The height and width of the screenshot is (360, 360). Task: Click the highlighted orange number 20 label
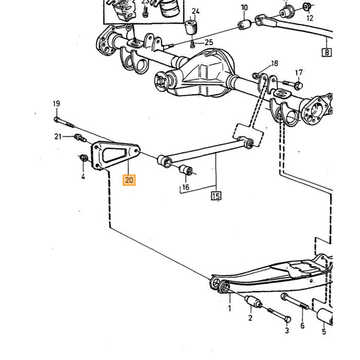coord(129,180)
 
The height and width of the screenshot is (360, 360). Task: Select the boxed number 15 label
coord(216,196)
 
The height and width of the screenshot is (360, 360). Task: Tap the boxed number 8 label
coord(327,52)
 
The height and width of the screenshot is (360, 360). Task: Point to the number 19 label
coord(57,104)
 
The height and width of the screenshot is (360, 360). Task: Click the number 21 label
coord(58,137)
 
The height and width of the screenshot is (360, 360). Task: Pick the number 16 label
coord(186,187)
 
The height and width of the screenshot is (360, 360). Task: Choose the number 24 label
coord(195,11)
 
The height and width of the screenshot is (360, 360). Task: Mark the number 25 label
coord(209,42)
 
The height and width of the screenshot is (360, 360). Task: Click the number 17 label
coord(299,73)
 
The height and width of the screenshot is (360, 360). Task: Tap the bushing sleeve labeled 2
coord(253,302)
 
